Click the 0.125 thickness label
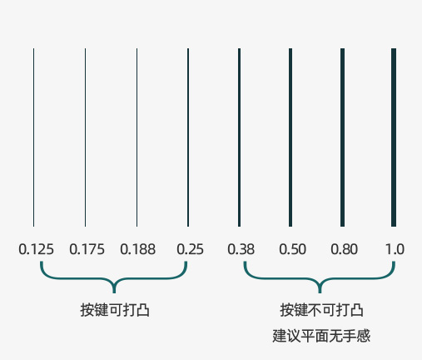[36, 249]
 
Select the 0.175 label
[87, 249]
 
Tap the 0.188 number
[137, 249]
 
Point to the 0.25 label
[190, 249]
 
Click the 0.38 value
[241, 249]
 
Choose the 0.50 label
[292, 249]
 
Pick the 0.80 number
[344, 249]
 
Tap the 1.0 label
[395, 249]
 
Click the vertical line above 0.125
[33, 137]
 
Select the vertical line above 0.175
[85, 137]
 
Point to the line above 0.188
[137, 137]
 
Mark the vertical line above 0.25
[188, 137]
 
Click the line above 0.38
[239, 137]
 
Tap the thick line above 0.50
[290, 137]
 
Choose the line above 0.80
[342, 137]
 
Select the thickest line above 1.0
[394, 137]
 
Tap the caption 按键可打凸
[115, 310]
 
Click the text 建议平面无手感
[321, 336]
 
